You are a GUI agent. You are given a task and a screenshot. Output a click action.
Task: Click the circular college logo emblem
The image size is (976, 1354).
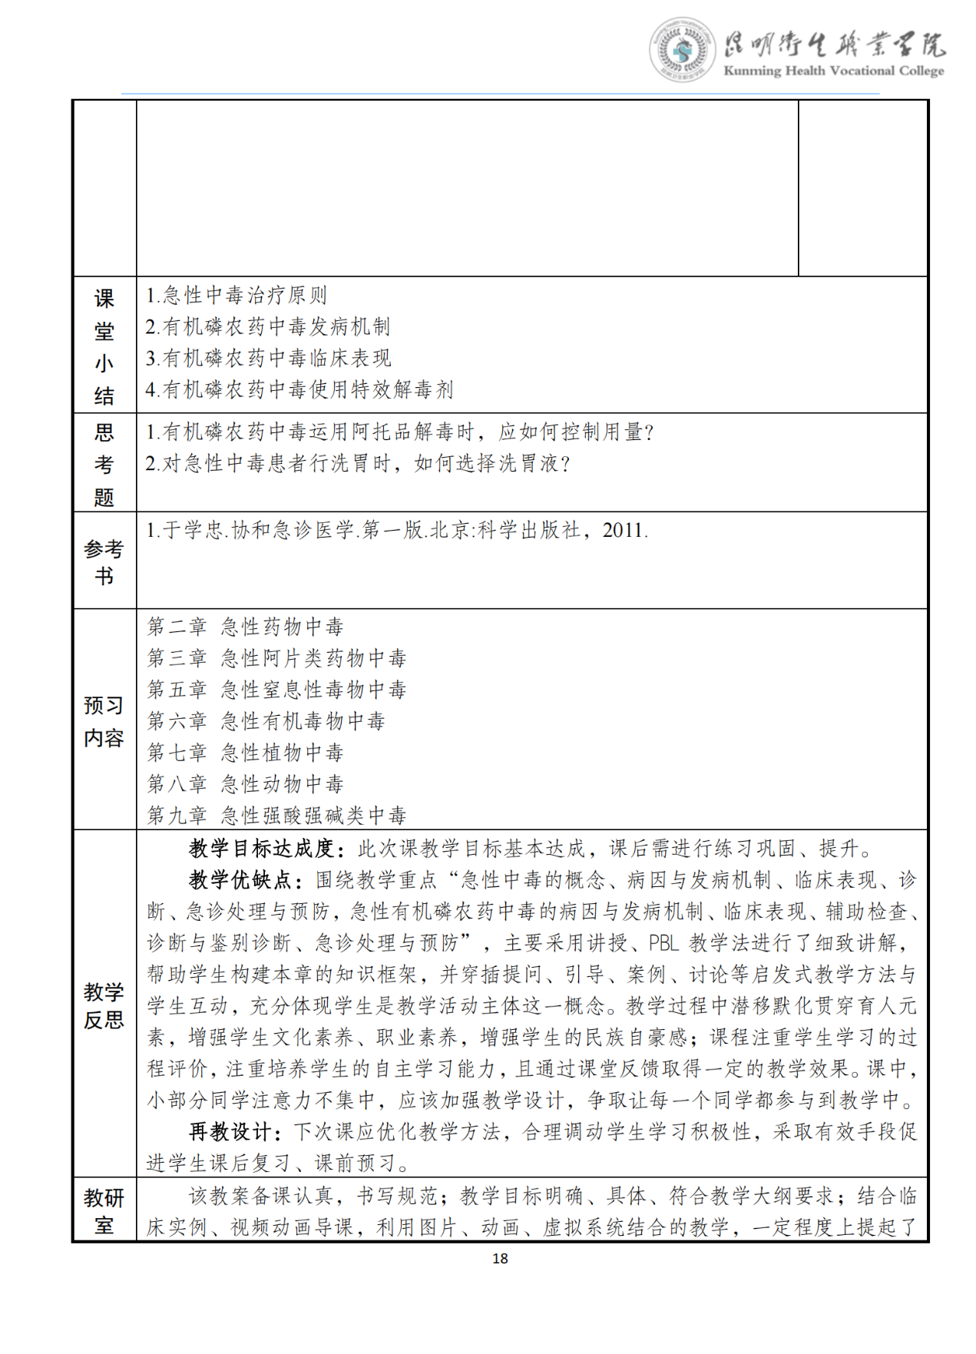681,50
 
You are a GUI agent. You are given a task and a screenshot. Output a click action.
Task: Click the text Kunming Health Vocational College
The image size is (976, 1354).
833,71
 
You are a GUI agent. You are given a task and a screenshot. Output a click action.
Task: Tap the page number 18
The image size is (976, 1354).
500,1258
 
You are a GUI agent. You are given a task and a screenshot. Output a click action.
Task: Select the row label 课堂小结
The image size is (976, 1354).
104,346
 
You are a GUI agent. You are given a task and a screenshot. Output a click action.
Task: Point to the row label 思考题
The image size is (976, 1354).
104,465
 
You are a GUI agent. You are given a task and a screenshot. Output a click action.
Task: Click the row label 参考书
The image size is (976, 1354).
104,562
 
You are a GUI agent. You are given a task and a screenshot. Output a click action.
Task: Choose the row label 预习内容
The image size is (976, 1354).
104,721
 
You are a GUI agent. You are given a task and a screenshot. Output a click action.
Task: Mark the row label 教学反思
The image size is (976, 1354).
104,1005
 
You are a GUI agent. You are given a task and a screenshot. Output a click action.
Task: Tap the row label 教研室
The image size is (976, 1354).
104,1211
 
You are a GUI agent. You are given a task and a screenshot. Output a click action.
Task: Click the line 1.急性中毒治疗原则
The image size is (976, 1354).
237,295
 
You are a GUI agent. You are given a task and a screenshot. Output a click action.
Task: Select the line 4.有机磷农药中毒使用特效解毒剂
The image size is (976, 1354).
299,389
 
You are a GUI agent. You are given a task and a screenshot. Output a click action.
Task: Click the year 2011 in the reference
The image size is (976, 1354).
624,530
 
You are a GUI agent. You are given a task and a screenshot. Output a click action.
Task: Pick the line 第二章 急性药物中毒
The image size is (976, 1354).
245,627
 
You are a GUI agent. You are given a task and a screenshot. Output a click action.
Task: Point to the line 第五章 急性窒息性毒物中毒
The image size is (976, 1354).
276,690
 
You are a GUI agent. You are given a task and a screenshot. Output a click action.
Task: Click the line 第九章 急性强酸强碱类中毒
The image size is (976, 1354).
276,815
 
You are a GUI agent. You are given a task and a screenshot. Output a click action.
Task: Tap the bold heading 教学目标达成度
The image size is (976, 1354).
262,849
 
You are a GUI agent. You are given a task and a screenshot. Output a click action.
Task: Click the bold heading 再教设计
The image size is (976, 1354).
230,1131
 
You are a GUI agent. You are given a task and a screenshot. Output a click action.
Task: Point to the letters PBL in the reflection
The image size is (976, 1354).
664,943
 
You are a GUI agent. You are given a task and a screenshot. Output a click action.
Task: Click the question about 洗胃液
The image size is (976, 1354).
358,464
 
